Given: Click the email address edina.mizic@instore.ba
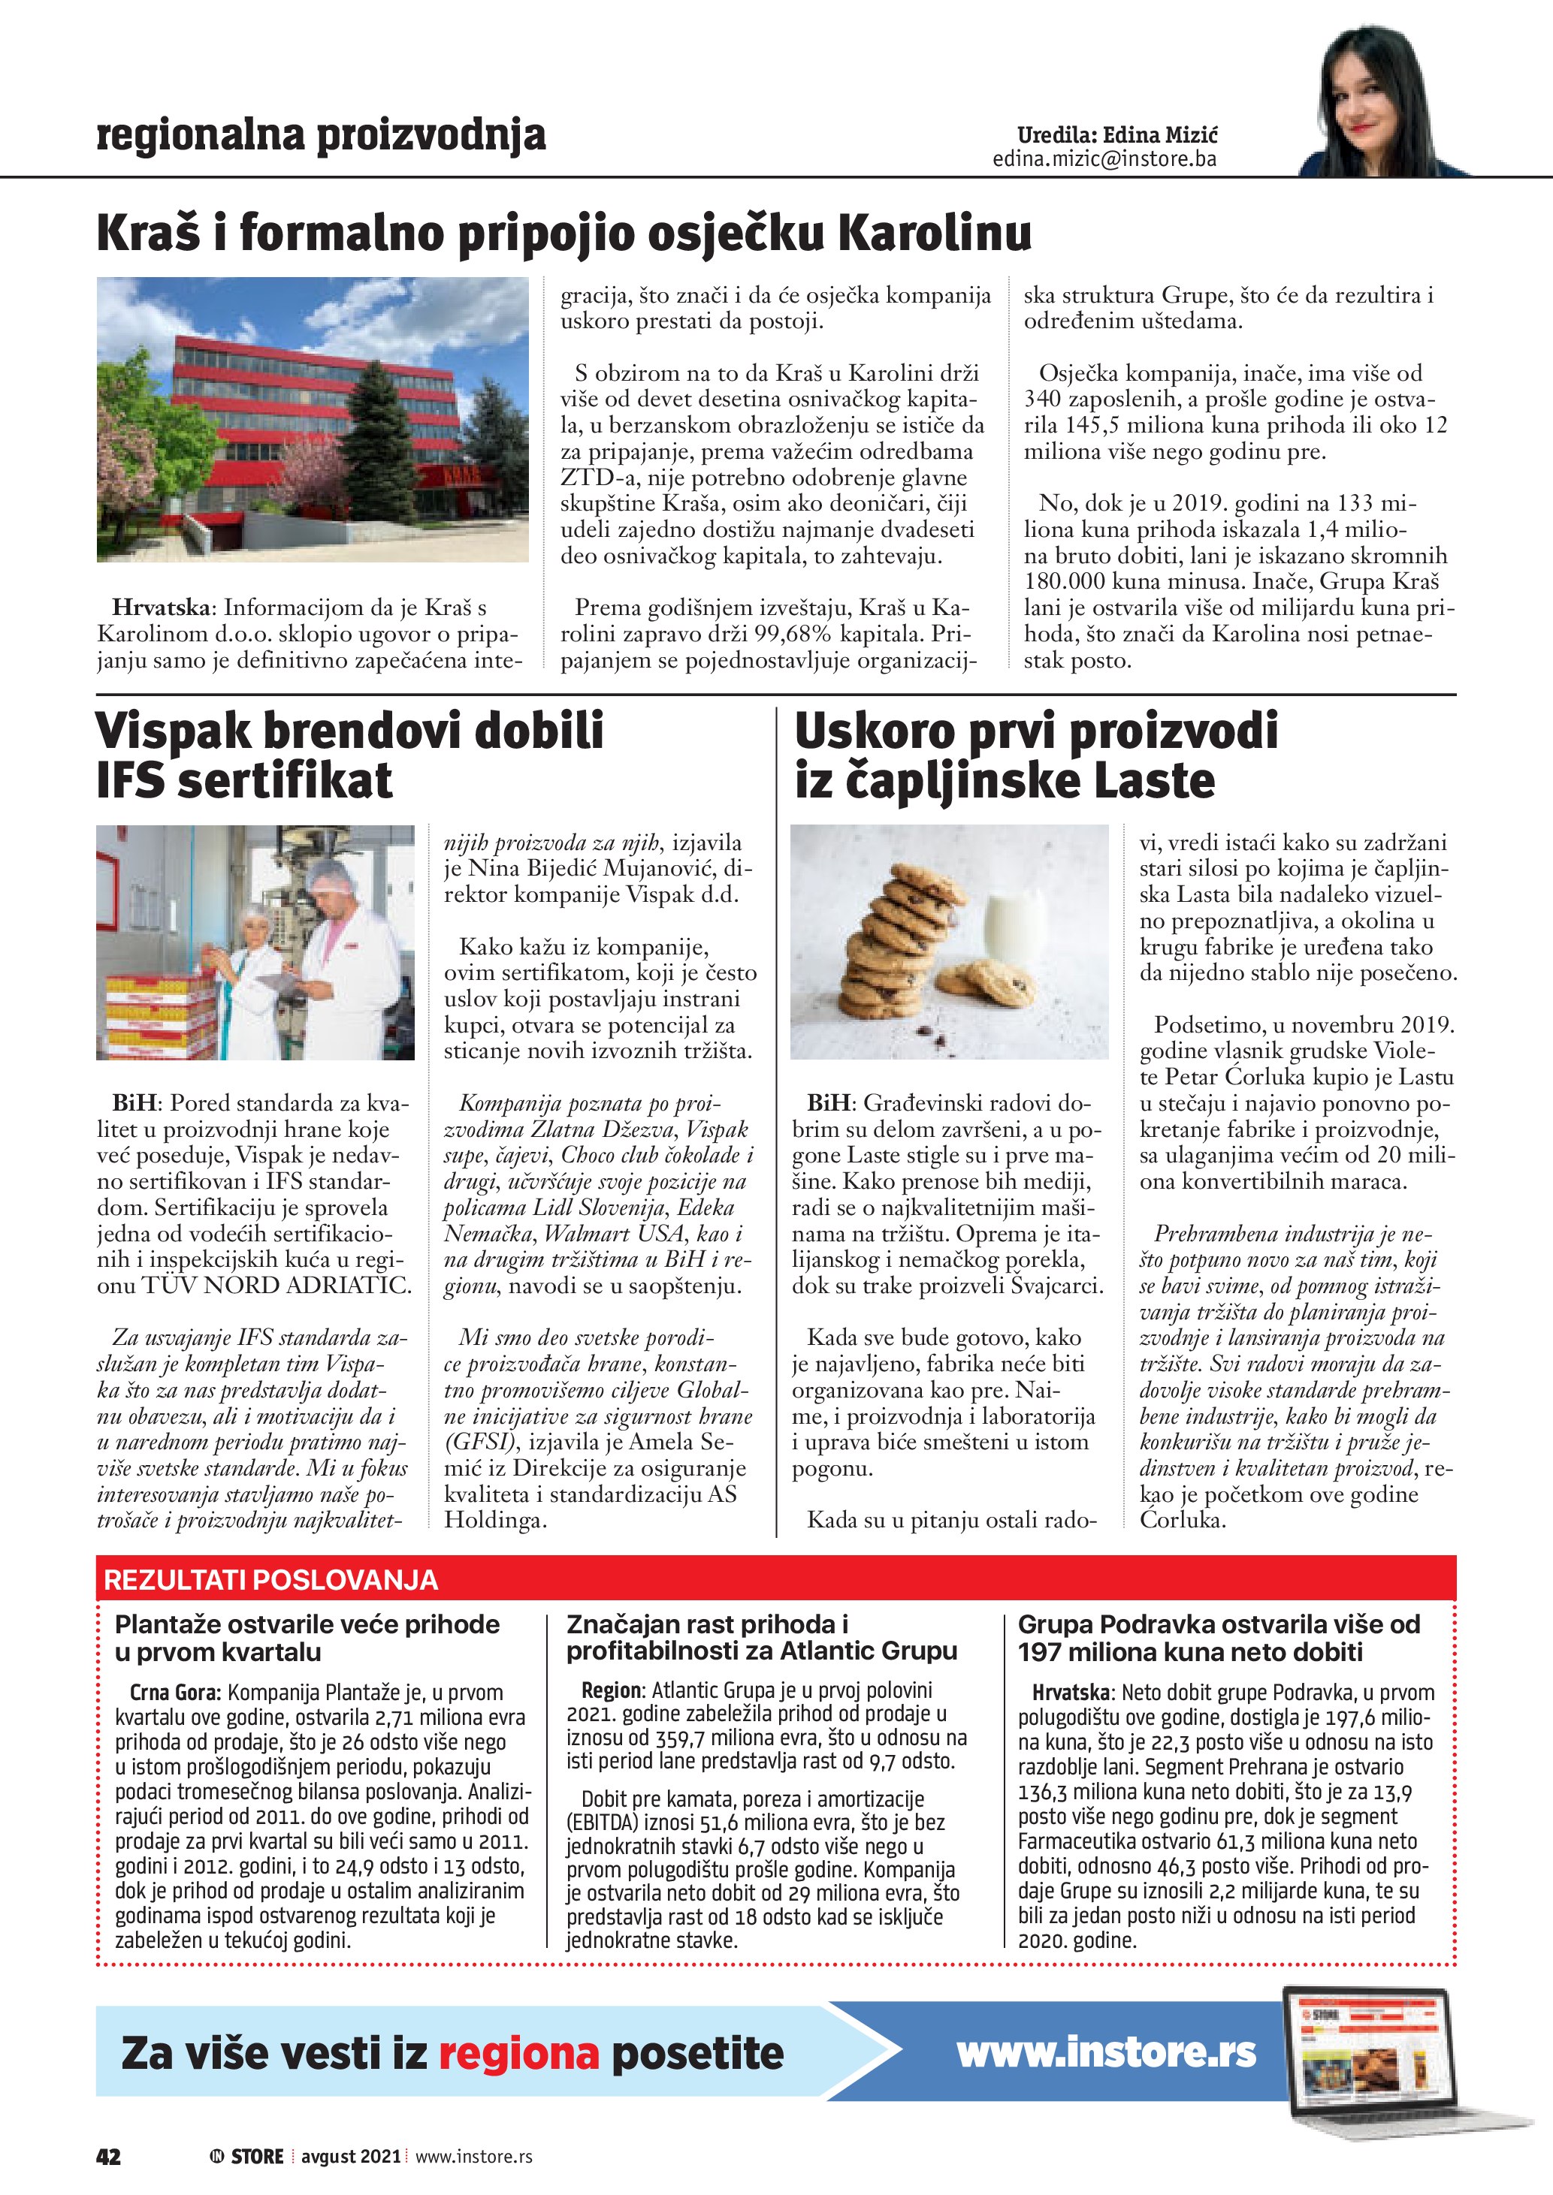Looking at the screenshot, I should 1104,158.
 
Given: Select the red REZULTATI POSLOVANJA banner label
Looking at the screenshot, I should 270,1579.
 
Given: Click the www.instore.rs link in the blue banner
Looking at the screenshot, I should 1107,2052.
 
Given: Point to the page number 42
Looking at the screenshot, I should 108,2156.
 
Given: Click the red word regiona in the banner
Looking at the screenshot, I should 518,2054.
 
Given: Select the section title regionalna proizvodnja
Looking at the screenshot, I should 322,135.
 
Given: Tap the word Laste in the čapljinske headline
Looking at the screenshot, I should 1154,780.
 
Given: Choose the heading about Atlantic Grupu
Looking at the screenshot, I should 760,1638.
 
